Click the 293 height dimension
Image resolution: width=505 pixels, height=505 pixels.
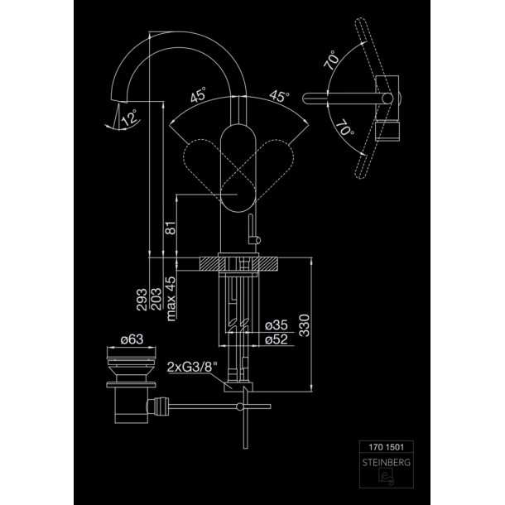coord(142,300)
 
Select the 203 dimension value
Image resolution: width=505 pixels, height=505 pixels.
coord(156,300)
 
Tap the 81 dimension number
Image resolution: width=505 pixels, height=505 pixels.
coord(171,228)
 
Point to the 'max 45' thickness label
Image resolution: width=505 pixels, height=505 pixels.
coord(171,299)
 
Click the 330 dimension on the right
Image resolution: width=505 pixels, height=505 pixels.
coord(305,325)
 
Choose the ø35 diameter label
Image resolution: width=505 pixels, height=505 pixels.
coord(277,325)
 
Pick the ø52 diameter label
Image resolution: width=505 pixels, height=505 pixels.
coord(277,339)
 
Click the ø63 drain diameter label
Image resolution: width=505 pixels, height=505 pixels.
coord(132,339)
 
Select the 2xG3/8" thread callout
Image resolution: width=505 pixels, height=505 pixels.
coord(192,367)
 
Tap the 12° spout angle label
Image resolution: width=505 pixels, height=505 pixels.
coord(130,118)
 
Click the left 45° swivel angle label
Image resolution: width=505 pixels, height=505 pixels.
coord(198,94)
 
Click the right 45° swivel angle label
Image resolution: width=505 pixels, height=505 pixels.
coord(279,96)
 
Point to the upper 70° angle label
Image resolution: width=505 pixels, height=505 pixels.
coord(331,60)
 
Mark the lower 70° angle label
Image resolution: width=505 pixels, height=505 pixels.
coord(345,127)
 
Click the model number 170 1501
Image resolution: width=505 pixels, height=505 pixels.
coord(386,447)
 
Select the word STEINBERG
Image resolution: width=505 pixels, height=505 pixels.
coord(386,463)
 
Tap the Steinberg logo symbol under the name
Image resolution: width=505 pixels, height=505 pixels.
coord(386,477)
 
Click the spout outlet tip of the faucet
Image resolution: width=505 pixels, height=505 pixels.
coord(119,100)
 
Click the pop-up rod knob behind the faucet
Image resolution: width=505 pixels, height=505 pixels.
coord(257,240)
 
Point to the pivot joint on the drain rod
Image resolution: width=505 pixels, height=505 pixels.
coord(239,406)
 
